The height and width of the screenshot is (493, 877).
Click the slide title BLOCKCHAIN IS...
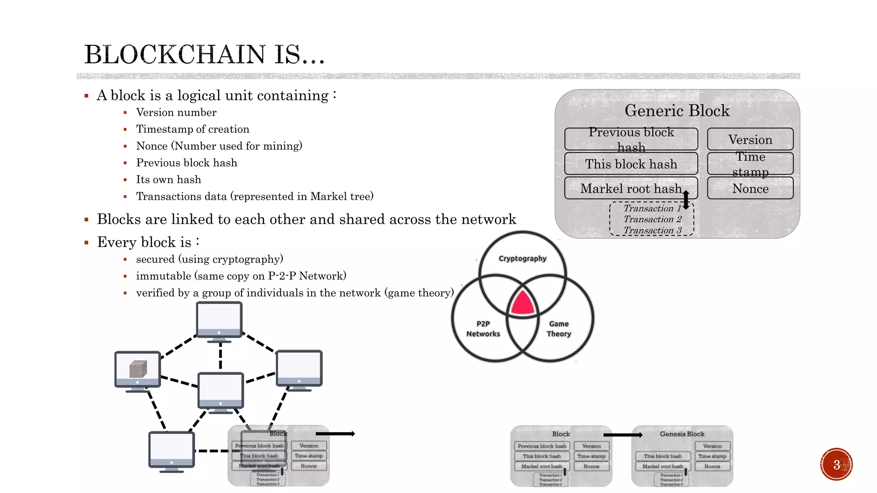(204, 55)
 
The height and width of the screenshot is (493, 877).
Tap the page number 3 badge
(836, 464)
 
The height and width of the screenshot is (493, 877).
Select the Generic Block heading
(677, 111)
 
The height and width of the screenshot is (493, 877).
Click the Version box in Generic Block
(750, 140)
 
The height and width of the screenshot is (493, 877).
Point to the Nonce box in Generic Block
(750, 188)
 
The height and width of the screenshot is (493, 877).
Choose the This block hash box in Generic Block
(631, 164)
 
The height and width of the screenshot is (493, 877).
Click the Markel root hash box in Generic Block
(631, 188)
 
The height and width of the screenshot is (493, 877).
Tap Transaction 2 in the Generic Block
(652, 219)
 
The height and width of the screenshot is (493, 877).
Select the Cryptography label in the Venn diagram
(522, 258)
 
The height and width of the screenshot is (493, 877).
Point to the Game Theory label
(559, 329)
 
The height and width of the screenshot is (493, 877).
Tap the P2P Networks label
(483, 329)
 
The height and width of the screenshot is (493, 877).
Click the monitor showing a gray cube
(137, 369)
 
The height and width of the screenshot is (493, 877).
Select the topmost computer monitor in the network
(219, 320)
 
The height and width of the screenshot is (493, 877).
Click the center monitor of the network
(221, 390)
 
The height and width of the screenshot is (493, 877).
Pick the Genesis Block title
(682, 434)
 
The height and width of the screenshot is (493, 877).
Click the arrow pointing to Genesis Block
(623, 435)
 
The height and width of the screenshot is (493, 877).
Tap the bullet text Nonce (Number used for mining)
(219, 146)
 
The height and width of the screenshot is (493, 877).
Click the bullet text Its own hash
(168, 180)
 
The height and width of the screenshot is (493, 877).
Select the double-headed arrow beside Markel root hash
(686, 200)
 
